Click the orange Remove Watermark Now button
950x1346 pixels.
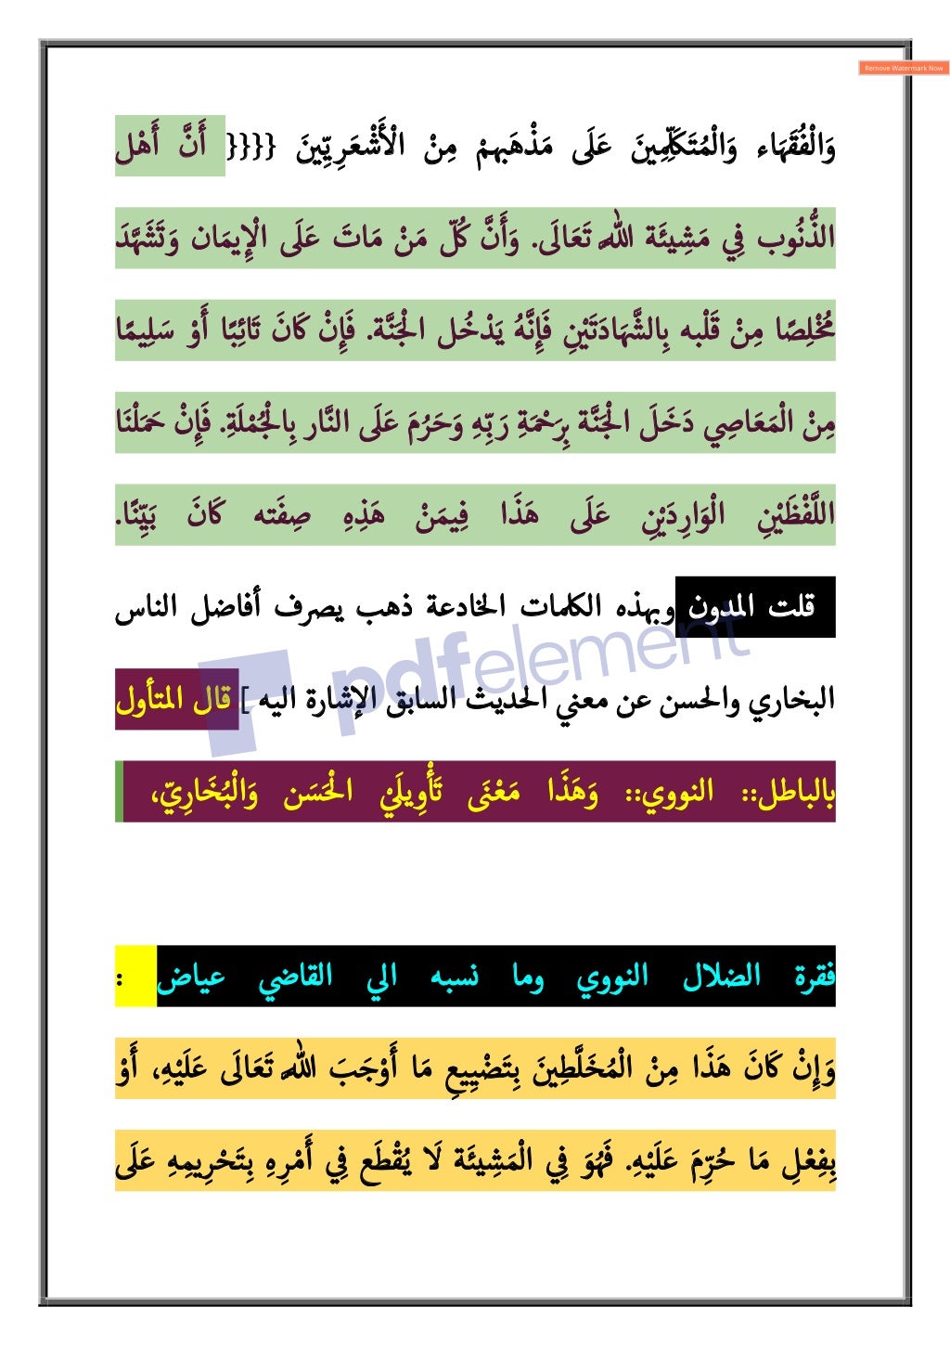click(x=904, y=68)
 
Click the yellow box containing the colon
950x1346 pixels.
click(x=135, y=977)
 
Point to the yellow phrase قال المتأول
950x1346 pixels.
click(x=173, y=699)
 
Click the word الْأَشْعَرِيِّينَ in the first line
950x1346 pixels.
click(x=352, y=147)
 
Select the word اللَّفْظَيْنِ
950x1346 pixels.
click(x=795, y=515)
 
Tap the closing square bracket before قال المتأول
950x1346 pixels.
click(x=244, y=699)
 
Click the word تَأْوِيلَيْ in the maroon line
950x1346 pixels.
click(x=411, y=792)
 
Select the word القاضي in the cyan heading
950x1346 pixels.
click(x=295, y=977)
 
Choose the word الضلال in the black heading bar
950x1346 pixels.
click(x=721, y=977)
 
